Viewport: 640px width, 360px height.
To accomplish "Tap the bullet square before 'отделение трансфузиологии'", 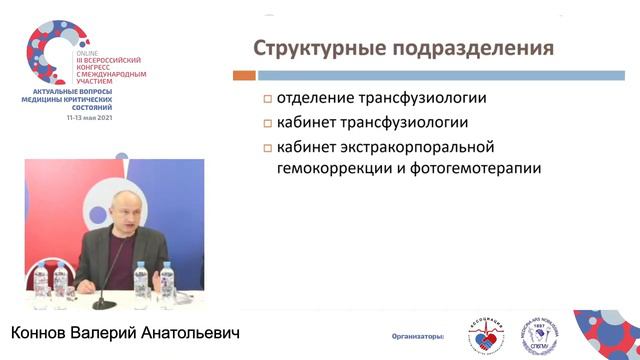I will coord(268,98).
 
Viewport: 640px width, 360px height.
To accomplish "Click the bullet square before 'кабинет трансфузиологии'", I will coord(268,124).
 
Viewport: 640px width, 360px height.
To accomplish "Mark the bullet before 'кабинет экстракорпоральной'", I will coord(268,149).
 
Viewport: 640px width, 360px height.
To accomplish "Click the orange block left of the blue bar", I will coord(241,74).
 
